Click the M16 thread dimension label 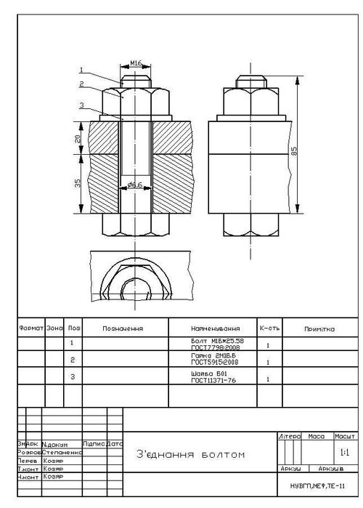[135, 63]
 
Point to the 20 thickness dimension [78, 138]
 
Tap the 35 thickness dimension [78, 183]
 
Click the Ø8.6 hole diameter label [134, 185]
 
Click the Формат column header [30, 328]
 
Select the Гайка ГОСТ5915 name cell [212, 360]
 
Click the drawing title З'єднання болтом [190, 455]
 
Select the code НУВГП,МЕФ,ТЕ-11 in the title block [317, 485]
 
